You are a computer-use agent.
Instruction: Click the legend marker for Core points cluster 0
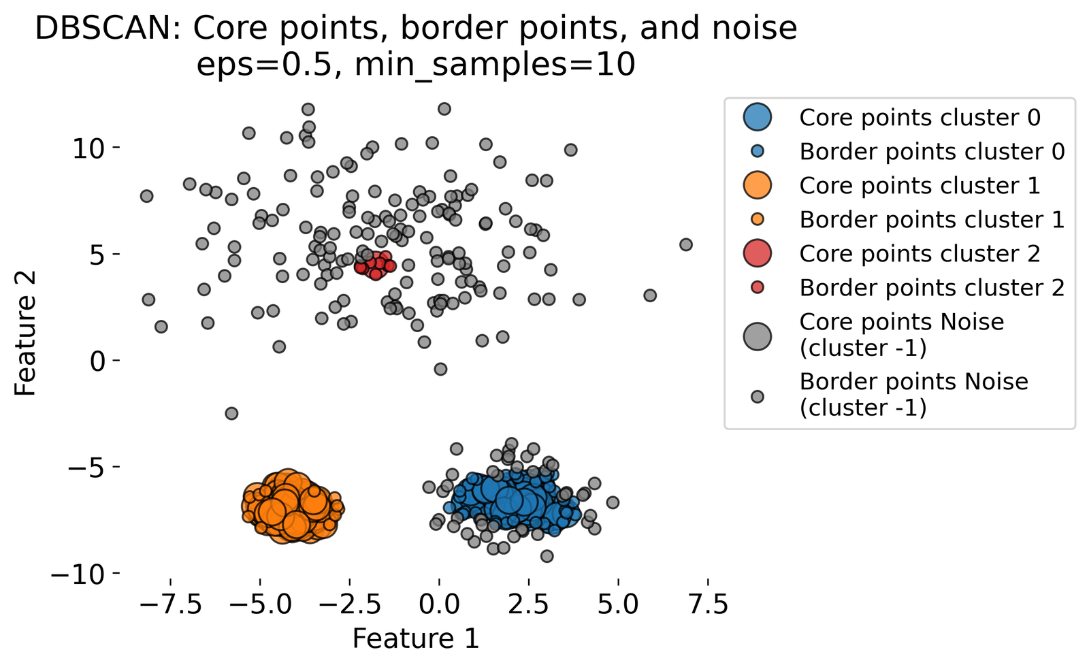tap(758, 117)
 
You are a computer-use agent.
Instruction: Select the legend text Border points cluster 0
tap(932, 152)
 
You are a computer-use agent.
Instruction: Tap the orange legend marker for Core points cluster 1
tap(758, 185)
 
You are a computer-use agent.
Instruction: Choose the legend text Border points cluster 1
tap(932, 220)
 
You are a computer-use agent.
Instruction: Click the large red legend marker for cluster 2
tap(758, 253)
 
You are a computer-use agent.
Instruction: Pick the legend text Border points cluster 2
tap(932, 288)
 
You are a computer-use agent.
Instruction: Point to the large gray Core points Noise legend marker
tap(758, 336)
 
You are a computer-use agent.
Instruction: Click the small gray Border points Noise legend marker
tap(758, 397)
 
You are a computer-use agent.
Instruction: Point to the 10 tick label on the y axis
tap(88, 149)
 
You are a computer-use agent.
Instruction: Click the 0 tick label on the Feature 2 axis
tap(97, 361)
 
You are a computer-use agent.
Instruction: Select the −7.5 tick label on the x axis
tap(171, 605)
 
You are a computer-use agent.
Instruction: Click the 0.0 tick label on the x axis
tap(439, 605)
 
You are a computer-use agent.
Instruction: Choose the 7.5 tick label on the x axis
tap(708, 605)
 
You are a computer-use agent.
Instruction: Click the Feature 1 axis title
tap(416, 638)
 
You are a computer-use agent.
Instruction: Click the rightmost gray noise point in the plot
tap(685, 244)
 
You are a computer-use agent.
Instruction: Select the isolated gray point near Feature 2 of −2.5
tap(231, 413)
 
